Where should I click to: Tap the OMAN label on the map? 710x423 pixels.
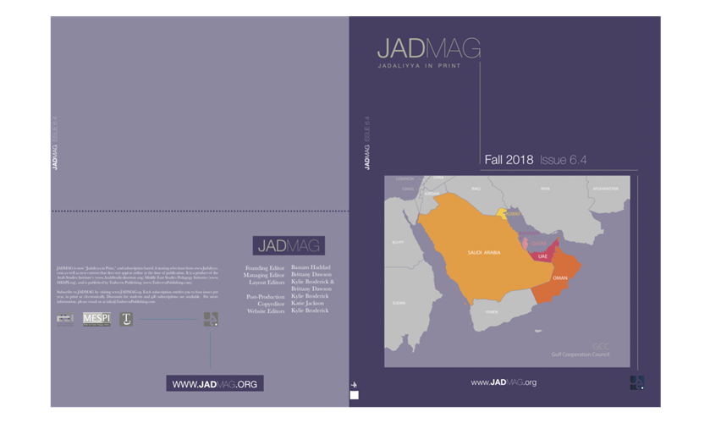(559, 277)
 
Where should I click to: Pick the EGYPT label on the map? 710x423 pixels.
(399, 242)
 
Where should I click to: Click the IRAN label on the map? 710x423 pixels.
(545, 188)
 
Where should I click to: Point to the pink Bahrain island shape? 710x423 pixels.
(524, 243)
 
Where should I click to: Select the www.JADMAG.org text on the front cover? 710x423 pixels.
(504, 382)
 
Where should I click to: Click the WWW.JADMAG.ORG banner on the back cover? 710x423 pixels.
(214, 384)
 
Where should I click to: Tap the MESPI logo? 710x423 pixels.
(96, 319)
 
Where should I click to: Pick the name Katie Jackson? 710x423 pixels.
(309, 304)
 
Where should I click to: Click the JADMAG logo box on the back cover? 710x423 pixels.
(288, 245)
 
